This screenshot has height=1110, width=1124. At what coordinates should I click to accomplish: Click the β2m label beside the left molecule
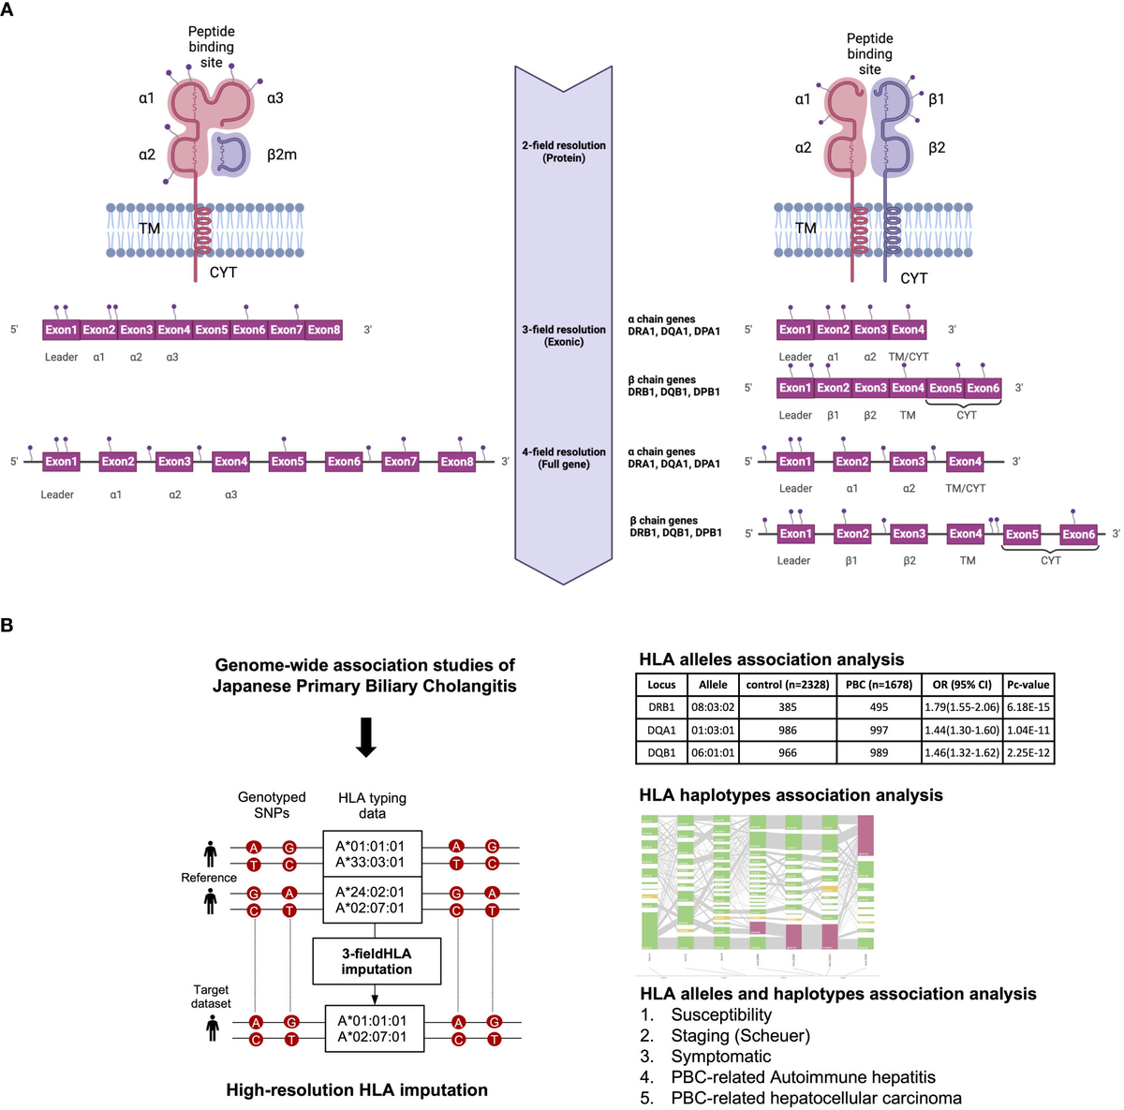coord(281,155)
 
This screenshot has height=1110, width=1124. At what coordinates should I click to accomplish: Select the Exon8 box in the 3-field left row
coord(324,330)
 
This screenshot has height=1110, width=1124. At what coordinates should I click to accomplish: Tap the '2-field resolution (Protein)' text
coord(564,152)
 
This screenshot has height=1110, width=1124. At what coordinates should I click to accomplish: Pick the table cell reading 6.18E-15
coord(1028,707)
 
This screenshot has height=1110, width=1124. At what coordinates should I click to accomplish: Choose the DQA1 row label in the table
coord(661,730)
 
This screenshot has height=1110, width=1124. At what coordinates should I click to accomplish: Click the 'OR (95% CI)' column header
coord(962,685)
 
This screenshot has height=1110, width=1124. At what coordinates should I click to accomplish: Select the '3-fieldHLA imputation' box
coord(376,961)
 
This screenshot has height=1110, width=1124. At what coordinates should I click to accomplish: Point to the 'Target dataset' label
coord(211,997)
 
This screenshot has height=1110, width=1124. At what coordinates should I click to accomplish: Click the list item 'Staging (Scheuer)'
coord(740,1036)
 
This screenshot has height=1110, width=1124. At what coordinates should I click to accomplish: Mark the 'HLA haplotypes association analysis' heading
coord(791,795)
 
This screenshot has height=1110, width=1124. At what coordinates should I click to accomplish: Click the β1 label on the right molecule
coord(937,99)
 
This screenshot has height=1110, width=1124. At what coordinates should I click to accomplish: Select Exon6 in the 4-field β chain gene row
coord(1078,535)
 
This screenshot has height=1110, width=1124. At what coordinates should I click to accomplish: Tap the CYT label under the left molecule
coord(223,273)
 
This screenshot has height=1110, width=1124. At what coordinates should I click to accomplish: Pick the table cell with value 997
coord(878,730)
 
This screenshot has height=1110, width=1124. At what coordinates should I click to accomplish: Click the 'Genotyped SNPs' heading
coord(272,806)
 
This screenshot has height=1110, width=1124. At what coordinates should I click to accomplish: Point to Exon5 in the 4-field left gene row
coord(288,462)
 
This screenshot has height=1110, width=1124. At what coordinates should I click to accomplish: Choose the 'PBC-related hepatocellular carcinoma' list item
coord(816,1098)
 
